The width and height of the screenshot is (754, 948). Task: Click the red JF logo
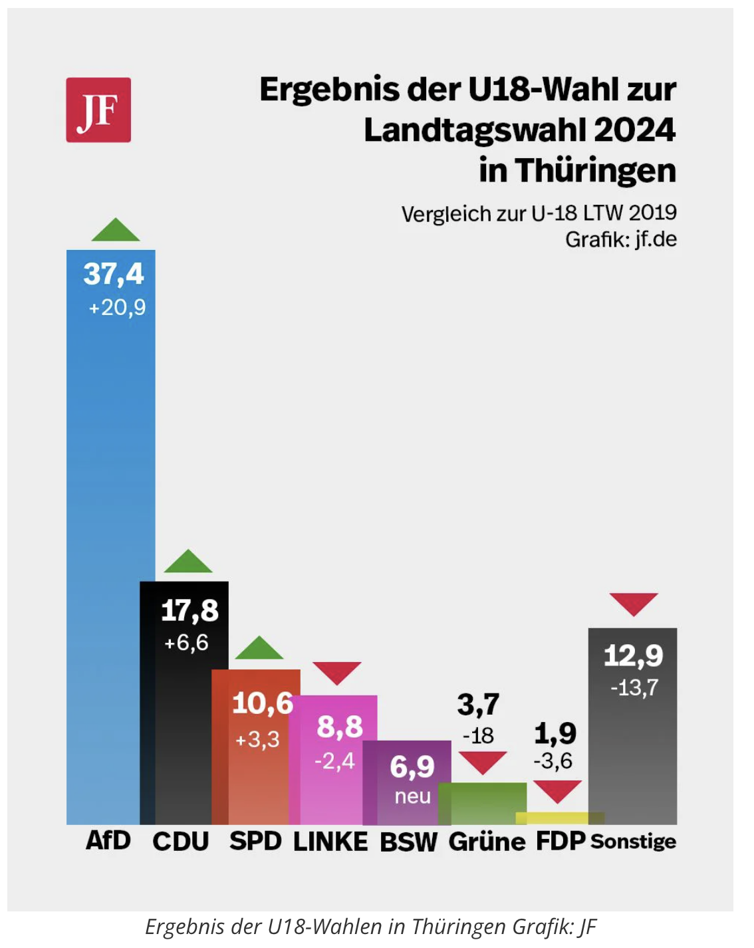click(98, 110)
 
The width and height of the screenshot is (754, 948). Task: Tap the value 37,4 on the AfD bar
click(114, 274)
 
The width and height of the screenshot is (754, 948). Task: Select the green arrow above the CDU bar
click(188, 562)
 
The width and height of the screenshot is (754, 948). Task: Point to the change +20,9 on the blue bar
click(117, 307)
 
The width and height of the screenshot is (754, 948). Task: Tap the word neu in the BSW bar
click(413, 796)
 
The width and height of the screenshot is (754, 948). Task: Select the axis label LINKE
click(330, 842)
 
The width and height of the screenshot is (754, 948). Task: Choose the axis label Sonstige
click(633, 842)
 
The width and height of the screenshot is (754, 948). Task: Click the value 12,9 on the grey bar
click(634, 656)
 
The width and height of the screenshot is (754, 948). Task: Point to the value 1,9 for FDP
click(555, 733)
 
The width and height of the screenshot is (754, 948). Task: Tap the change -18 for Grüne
click(478, 736)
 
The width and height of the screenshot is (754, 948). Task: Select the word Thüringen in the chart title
click(596, 170)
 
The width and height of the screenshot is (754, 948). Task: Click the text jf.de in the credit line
click(656, 239)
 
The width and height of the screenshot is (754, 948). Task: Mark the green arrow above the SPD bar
click(259, 649)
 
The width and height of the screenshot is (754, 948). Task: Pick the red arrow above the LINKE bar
click(337, 672)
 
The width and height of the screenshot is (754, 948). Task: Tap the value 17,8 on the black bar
click(190, 610)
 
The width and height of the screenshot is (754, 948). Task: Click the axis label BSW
click(408, 842)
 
